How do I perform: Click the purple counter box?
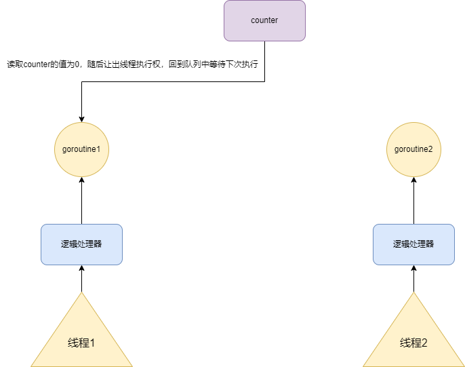click(x=264, y=20)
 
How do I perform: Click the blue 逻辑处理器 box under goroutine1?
click(x=81, y=244)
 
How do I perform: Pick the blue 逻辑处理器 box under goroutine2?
click(x=413, y=244)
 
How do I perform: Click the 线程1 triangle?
click(x=81, y=339)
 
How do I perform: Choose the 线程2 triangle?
click(x=413, y=339)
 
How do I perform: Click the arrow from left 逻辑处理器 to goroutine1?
click(x=81, y=201)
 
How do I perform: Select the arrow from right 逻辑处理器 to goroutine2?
click(x=413, y=201)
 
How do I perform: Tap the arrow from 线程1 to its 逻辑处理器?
click(x=81, y=279)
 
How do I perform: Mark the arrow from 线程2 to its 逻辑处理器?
click(x=413, y=279)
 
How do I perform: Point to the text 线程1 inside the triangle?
click(x=81, y=343)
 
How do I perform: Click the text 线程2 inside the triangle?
click(x=413, y=343)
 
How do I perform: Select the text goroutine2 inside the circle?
click(x=413, y=149)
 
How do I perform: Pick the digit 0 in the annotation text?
click(x=78, y=64)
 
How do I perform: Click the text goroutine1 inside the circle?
click(x=81, y=149)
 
